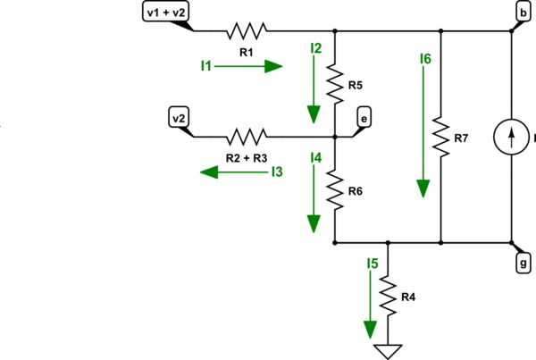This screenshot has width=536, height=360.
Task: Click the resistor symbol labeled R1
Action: tap(244, 31)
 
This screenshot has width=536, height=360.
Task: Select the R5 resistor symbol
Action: tap(334, 84)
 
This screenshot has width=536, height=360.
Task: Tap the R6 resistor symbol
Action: tap(334, 189)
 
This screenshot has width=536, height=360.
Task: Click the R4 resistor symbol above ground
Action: tap(388, 296)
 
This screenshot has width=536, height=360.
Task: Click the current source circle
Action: tap(514, 138)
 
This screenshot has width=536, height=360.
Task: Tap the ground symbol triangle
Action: tap(388, 351)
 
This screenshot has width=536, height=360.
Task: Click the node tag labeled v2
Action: tap(179, 117)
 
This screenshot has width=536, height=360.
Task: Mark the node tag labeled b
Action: tap(522, 12)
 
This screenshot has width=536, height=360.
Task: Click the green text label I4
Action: tap(315, 158)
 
